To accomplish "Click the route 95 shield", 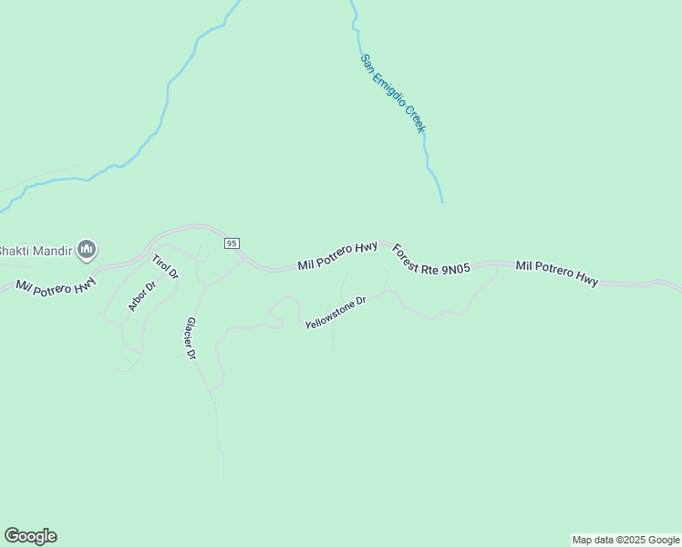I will tap(232, 243).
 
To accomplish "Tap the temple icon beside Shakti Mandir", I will tap(87, 249).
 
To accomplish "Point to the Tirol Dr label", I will tap(164, 266).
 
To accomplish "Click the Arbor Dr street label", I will tap(142, 296).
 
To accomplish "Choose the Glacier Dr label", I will tap(191, 338).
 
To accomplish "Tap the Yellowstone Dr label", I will tap(335, 312).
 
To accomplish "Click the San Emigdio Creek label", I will tap(393, 93).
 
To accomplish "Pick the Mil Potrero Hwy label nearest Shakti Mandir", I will tap(56, 284).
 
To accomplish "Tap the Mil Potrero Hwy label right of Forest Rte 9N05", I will tap(556, 273).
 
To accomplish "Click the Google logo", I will tap(30, 536).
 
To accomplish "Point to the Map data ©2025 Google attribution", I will tap(626, 540).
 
